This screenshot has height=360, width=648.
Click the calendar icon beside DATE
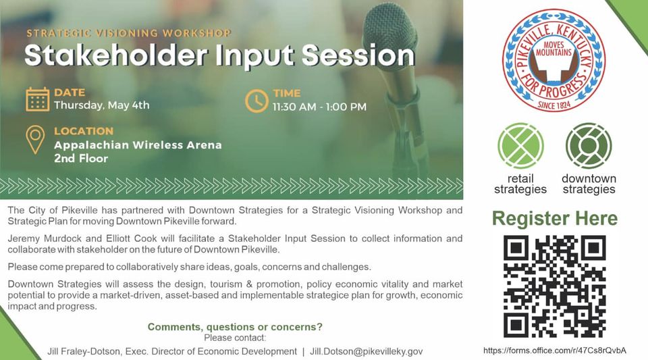[x=38, y=99]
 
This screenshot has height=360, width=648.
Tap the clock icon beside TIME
[x=256, y=101]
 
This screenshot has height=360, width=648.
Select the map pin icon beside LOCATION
[x=36, y=140]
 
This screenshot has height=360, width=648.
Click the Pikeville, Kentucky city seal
[x=553, y=61]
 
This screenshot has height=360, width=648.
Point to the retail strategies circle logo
[x=520, y=146]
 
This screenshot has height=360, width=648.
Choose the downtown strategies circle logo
[x=589, y=146]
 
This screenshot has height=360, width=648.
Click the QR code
[x=555, y=286]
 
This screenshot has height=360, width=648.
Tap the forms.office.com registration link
[x=555, y=351]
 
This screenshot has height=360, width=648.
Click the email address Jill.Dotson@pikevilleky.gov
[x=366, y=351]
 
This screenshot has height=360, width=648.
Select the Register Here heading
[x=555, y=218]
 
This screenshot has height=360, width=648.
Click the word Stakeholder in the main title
[x=115, y=55]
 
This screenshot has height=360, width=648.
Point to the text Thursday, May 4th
[x=102, y=105]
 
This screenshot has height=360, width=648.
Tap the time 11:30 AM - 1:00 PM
[x=319, y=107]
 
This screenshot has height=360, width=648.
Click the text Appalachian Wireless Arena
[x=138, y=145]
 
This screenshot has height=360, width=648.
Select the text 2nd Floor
[x=81, y=158]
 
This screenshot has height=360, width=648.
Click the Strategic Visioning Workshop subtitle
[x=129, y=33]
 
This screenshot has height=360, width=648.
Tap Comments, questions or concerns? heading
[x=235, y=327]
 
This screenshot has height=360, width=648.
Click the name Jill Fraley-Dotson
[x=84, y=351]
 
